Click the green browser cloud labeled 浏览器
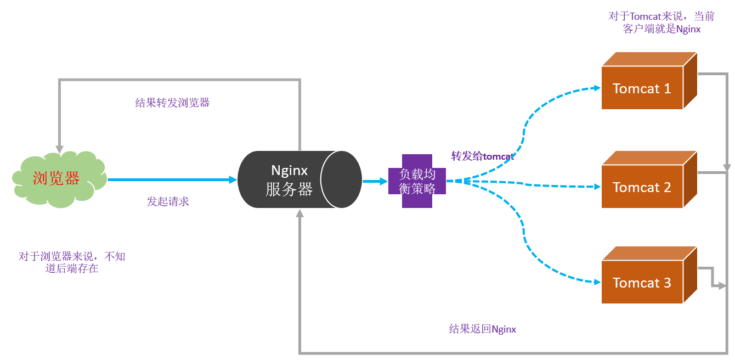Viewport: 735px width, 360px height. point(57,179)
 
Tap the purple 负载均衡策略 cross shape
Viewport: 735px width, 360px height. point(417,181)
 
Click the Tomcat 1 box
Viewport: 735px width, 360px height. point(642,88)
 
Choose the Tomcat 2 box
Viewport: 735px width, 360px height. point(642,187)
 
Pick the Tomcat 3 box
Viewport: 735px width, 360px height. point(642,283)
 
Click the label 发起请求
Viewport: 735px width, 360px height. point(168,201)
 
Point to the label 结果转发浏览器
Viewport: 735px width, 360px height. point(172,103)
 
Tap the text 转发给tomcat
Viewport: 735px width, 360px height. point(482,156)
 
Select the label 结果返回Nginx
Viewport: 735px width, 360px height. point(482,329)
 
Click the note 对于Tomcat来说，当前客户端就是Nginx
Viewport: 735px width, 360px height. point(661,22)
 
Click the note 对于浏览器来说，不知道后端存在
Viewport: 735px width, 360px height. point(72,262)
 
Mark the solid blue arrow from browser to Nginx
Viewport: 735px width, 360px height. point(170,179)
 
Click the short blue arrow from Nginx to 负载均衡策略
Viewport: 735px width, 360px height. point(375,181)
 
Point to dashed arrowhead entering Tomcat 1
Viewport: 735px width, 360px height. point(597,88)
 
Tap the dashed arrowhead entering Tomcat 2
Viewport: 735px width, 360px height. point(597,187)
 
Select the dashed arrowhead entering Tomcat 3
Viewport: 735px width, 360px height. point(597,282)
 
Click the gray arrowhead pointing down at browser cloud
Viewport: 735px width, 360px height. point(59,149)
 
